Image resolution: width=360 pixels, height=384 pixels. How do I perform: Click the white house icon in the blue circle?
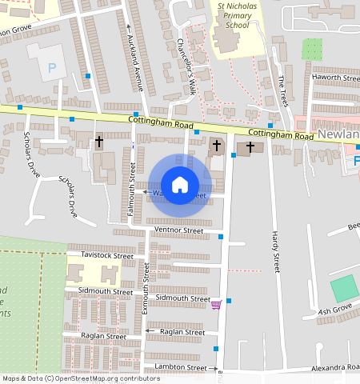point(180,185)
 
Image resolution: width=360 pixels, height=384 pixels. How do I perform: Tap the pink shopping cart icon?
point(215,304)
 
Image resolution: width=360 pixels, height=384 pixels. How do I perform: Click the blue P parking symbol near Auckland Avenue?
point(52,69)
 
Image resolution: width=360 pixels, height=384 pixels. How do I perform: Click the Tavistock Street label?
point(107,255)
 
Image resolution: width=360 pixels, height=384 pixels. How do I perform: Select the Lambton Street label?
point(180,367)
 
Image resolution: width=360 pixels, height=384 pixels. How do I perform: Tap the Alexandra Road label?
point(335,367)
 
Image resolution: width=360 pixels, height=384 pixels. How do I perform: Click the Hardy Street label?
point(277,253)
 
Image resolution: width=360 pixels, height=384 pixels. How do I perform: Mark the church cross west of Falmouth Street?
point(99,142)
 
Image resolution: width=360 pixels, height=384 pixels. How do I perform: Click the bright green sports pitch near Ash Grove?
point(345,288)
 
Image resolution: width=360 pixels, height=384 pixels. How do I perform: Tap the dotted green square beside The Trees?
point(312,49)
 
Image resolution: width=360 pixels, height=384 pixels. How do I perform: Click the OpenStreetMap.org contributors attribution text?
point(105,378)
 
